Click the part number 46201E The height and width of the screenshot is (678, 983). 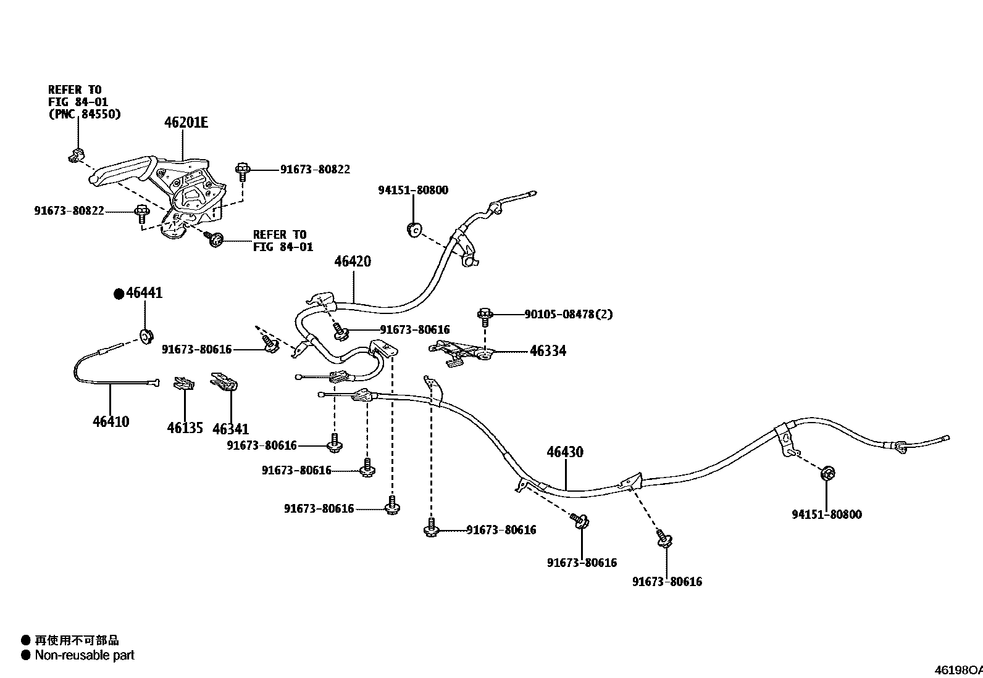(x=186, y=123)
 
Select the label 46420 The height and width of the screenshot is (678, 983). (x=353, y=262)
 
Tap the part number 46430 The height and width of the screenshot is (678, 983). (x=564, y=452)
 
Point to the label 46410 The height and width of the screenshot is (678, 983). (x=111, y=422)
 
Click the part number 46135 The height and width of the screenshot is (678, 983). (x=185, y=428)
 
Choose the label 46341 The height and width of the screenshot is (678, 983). (x=230, y=429)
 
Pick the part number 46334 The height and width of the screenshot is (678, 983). (x=548, y=351)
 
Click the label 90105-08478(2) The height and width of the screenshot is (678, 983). (x=569, y=315)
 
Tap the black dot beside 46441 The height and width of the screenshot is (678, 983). (x=119, y=294)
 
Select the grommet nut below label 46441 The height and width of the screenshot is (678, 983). (x=146, y=337)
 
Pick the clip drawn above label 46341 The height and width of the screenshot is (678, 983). (x=224, y=382)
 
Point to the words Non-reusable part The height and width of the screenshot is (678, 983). (x=85, y=655)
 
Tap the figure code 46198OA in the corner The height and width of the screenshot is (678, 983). (x=958, y=670)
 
